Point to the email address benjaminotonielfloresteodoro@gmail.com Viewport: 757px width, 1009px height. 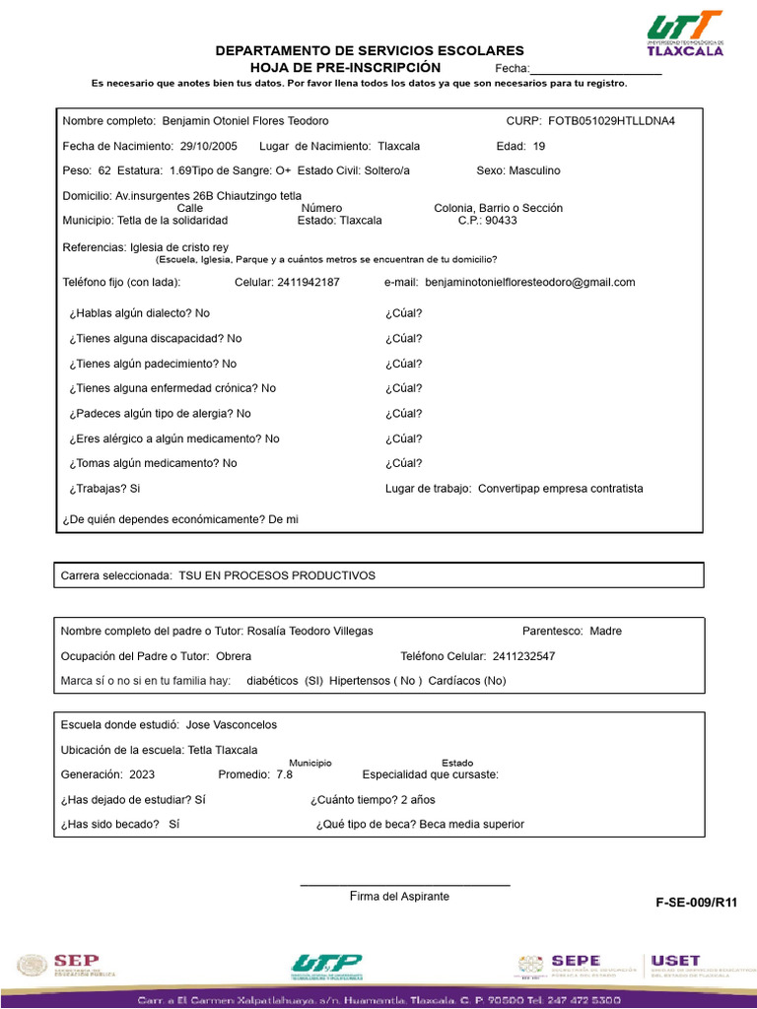(x=529, y=282)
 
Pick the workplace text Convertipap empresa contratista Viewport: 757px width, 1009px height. (x=560, y=489)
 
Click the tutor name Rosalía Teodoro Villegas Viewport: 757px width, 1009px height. (x=310, y=631)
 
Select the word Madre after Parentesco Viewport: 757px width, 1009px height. (x=605, y=631)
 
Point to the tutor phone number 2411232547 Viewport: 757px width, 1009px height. (x=523, y=656)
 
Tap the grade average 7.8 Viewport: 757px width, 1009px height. (x=284, y=774)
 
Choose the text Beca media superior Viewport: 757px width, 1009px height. (x=471, y=824)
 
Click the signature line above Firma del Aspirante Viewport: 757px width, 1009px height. (x=404, y=885)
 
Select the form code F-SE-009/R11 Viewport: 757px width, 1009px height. (x=696, y=902)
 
